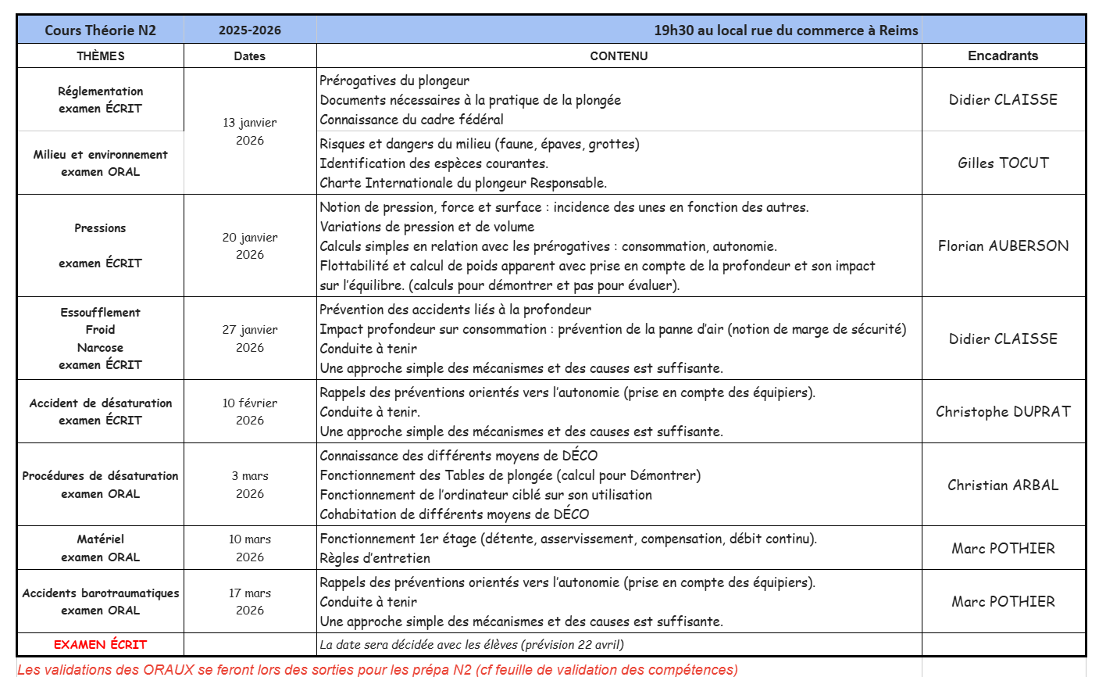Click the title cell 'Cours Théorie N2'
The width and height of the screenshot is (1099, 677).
coord(100,30)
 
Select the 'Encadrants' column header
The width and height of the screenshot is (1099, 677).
coord(1003,56)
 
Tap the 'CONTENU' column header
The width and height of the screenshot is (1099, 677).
coord(619,56)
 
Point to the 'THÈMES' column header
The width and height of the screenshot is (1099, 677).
coord(100,56)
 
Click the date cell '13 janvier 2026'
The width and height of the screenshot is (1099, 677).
coord(250,131)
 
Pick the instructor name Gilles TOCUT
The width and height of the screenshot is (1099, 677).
coord(1003,163)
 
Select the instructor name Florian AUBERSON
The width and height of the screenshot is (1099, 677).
coord(1003,245)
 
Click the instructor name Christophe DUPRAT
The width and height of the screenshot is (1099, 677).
coord(1003,411)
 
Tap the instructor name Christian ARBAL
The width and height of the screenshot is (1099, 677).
coord(1003,485)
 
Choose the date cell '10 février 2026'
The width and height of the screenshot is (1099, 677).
coord(250,411)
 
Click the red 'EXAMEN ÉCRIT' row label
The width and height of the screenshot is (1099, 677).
coord(100,644)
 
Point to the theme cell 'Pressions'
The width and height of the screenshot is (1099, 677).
coord(100,228)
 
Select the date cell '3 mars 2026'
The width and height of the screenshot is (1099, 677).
coord(250,485)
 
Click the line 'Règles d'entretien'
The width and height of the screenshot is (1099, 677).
coord(375,558)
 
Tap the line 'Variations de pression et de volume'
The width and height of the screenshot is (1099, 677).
coord(427,227)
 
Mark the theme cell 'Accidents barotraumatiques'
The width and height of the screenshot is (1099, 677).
coord(100,593)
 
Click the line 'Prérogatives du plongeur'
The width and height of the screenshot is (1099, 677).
coord(394,81)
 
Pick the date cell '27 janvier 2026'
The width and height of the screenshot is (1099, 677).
coord(250,338)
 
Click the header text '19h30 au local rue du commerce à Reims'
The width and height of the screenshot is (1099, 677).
coord(786,30)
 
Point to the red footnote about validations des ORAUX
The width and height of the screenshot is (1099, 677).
coord(377,669)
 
